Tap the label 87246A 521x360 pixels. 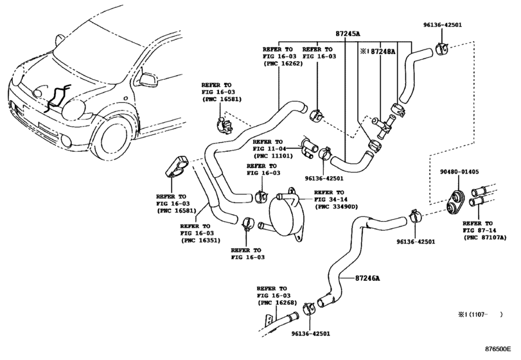(369, 278)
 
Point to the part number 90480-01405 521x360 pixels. (459, 172)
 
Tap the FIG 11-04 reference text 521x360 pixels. (270, 148)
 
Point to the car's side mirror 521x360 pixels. (146, 80)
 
